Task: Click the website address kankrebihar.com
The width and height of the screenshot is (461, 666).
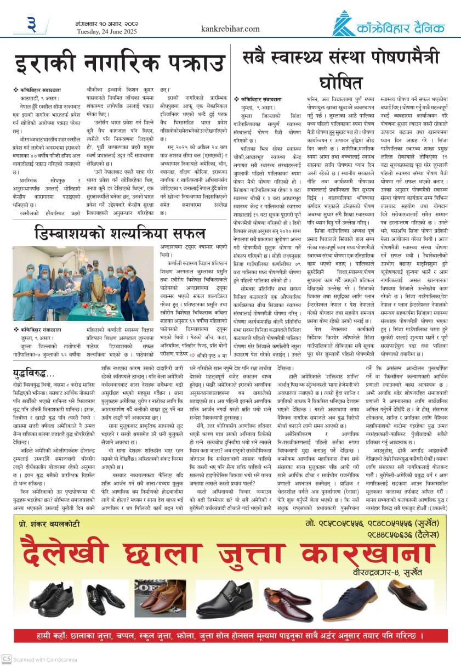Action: point(230,29)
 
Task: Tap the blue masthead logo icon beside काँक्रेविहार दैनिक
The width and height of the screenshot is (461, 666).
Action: point(344,24)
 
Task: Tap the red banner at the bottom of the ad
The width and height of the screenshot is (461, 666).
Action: point(230,636)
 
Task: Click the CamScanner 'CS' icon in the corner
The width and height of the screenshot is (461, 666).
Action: point(6,658)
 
